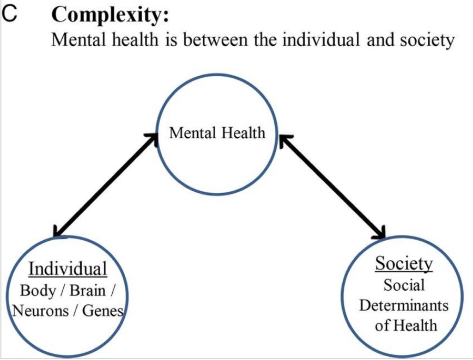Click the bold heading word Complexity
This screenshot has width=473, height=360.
click(x=110, y=16)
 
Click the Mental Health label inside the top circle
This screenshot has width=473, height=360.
click(x=217, y=133)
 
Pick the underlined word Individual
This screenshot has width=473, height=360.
click(x=68, y=269)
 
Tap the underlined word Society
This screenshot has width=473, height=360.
click(x=404, y=264)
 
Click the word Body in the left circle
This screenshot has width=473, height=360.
click(x=37, y=292)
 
